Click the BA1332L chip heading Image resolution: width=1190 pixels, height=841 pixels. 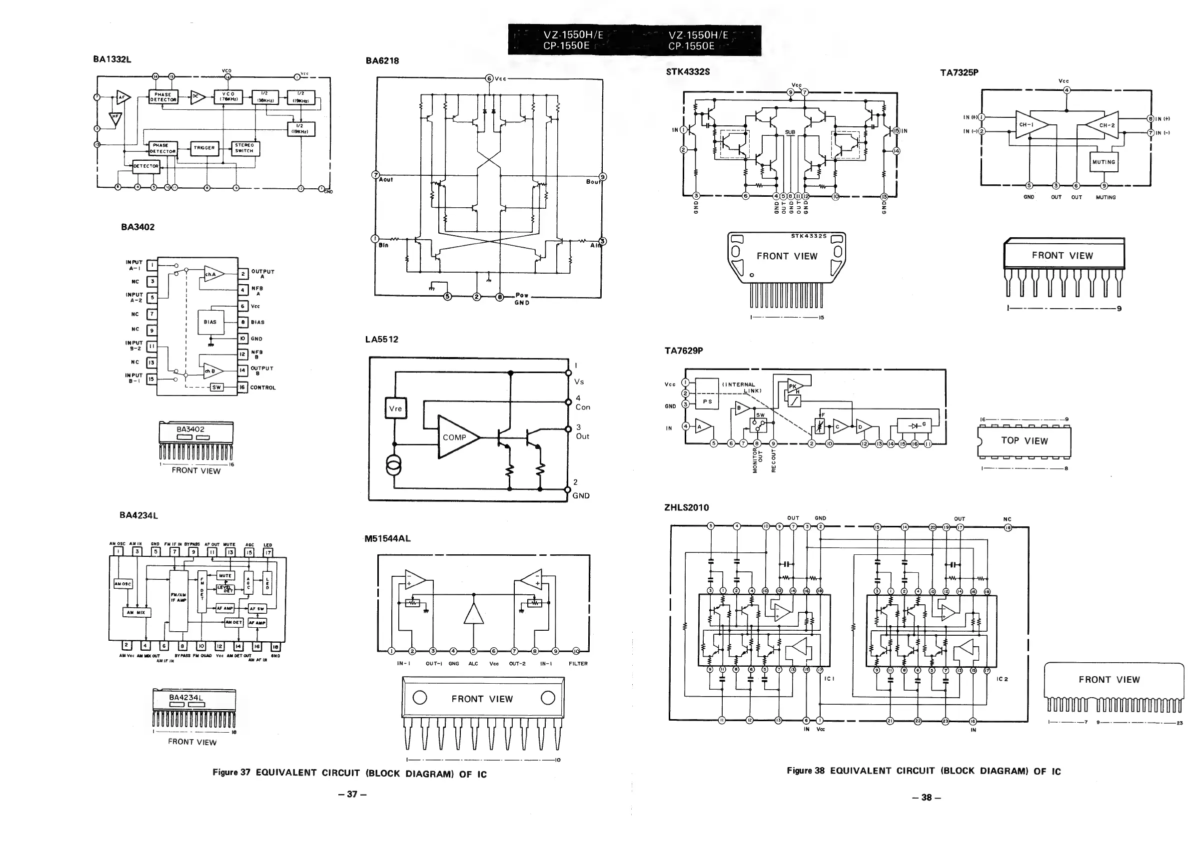[112, 59]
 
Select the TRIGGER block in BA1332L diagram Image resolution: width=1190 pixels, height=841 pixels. [204, 148]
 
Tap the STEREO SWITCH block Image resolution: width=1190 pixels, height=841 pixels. [244, 148]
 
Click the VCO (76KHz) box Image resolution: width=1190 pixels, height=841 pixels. [228, 97]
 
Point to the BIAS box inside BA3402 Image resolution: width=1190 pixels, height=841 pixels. [210, 322]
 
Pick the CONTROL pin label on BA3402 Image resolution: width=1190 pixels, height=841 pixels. [263, 388]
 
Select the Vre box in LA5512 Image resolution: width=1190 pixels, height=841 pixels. [395, 409]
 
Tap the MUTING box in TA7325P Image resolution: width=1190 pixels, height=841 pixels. [1104, 162]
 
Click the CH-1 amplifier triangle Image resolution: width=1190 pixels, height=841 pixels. [1028, 125]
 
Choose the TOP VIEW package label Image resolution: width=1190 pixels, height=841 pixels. [1024, 440]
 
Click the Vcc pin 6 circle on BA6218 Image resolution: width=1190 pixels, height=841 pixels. [489, 79]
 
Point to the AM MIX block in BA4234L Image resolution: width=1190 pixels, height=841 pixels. [137, 612]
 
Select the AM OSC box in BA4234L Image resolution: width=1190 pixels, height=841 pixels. [123, 584]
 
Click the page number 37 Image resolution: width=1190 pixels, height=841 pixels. [352, 794]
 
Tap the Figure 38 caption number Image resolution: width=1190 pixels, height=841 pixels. [805, 771]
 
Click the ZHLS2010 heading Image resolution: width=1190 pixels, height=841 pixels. [686, 507]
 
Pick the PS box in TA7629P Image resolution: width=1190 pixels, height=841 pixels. [707, 402]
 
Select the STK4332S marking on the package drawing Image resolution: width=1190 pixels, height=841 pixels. [809, 236]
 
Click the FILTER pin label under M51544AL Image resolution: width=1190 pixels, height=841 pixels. [578, 663]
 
